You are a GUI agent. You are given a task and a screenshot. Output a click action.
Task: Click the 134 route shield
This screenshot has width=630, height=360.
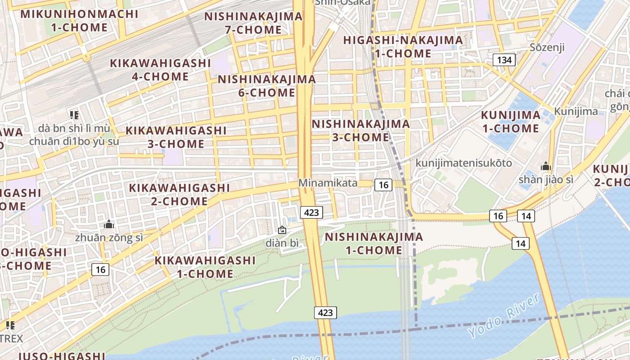[x=504, y=60]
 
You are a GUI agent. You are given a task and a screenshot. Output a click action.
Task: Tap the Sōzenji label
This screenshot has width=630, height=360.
[x=547, y=47]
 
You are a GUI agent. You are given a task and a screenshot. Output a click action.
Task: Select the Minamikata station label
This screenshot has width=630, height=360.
[x=328, y=183]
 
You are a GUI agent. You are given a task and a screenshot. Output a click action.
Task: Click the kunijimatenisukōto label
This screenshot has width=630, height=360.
[x=464, y=162]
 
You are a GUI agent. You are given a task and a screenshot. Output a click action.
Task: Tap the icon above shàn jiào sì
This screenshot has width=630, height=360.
[x=546, y=166]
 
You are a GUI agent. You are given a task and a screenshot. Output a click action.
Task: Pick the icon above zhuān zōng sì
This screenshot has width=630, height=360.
[x=109, y=224]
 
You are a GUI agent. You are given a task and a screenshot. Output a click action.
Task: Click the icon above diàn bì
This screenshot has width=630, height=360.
[x=282, y=230]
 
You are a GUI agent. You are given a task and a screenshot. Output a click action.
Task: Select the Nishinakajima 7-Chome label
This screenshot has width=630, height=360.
[x=253, y=23]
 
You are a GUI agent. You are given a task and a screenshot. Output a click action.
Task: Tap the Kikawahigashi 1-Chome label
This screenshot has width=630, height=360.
[x=205, y=267]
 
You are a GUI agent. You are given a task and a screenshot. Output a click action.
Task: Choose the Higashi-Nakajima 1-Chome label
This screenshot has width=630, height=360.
[x=403, y=46]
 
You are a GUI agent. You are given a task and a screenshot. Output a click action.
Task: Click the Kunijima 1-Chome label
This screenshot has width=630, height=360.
[x=510, y=121]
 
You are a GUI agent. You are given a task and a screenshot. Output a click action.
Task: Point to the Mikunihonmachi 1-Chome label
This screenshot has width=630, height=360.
[x=79, y=20]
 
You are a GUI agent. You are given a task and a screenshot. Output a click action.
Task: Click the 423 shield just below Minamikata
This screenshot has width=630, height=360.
[x=311, y=212]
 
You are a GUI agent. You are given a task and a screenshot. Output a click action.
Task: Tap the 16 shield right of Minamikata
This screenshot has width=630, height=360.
[x=383, y=184]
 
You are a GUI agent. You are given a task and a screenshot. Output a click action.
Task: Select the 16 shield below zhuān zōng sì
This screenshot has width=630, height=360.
[x=100, y=270]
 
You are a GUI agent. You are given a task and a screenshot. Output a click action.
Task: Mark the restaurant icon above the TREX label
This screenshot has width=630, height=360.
[x=10, y=325]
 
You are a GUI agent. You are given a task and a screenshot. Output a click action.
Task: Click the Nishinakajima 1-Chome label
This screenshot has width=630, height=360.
[x=374, y=243]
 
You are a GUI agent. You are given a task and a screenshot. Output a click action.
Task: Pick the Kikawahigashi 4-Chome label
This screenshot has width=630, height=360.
[x=160, y=69]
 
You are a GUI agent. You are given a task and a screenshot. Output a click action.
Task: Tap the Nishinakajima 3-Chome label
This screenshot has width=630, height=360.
[x=360, y=130]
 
